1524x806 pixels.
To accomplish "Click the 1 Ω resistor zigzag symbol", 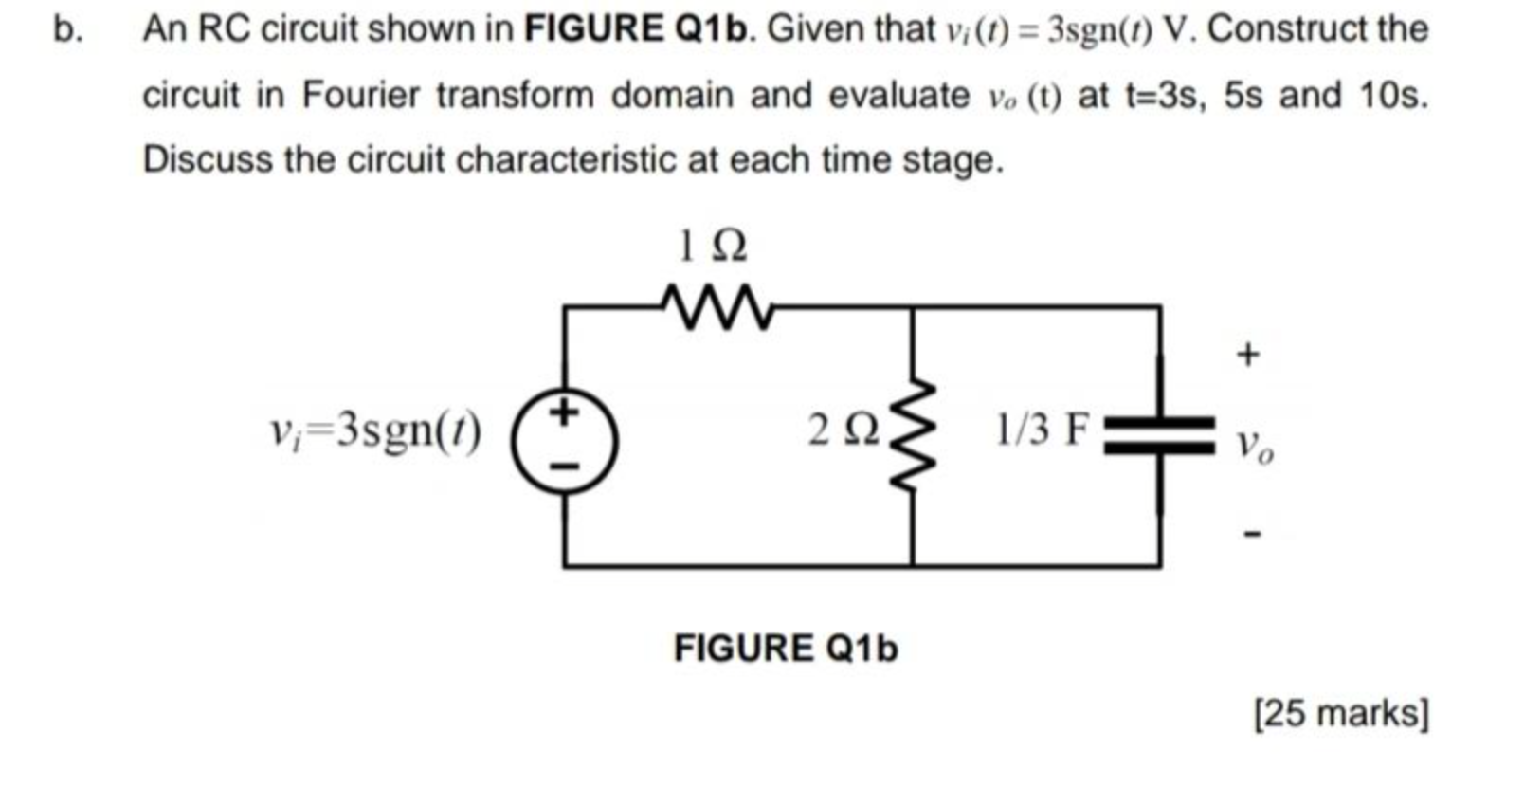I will click(717, 307).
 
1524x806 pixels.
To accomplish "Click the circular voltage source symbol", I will click(565, 440).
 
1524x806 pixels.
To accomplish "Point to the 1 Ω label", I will click(713, 247).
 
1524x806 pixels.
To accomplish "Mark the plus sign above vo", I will click(1248, 355).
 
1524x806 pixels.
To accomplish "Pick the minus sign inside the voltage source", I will click(564, 466).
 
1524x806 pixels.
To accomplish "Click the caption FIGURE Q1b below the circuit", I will click(785, 649).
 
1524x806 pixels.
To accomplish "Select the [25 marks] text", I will click(1340, 713).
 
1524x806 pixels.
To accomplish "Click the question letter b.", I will click(65, 29).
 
